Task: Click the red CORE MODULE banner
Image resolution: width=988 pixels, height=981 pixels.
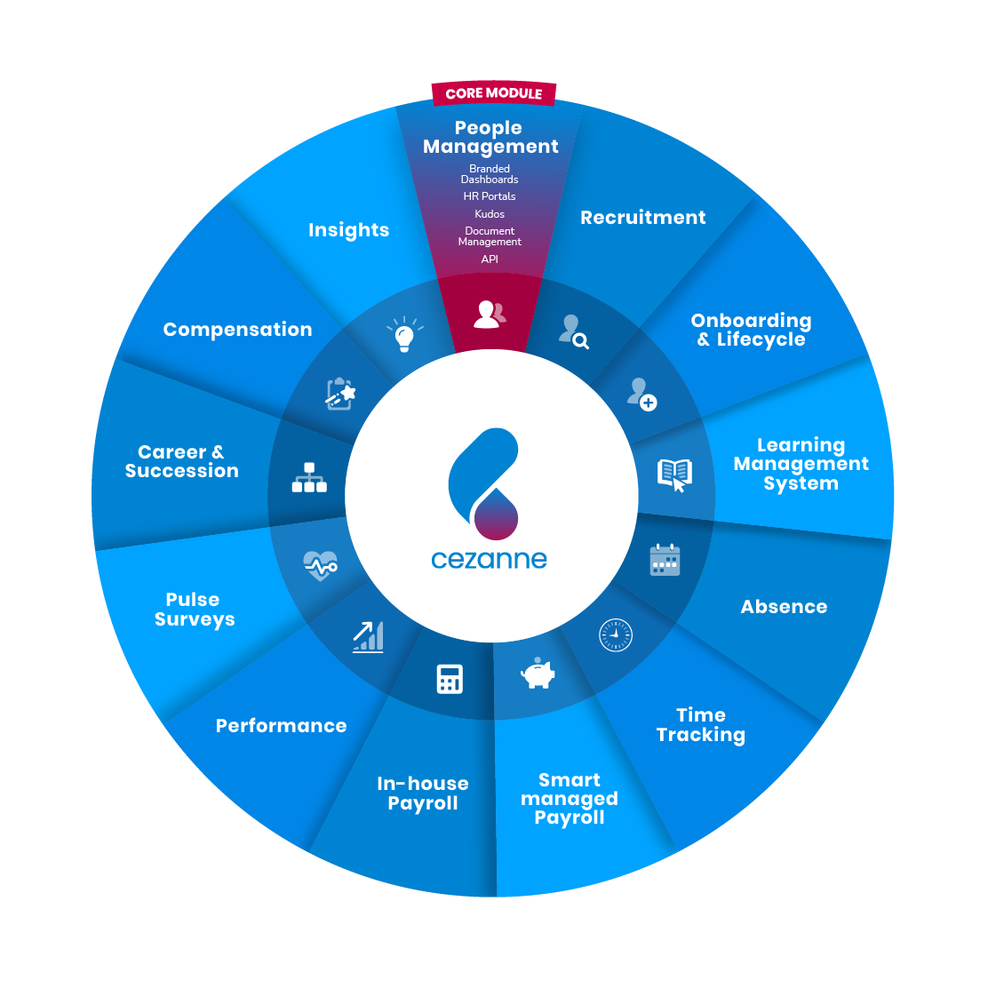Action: (x=493, y=93)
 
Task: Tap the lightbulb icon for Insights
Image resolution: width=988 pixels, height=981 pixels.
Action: (x=403, y=335)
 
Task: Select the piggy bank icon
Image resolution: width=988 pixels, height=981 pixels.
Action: (x=538, y=674)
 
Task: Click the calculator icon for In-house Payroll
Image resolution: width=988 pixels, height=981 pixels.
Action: (x=450, y=679)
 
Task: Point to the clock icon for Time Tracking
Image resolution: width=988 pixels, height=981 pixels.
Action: (x=615, y=635)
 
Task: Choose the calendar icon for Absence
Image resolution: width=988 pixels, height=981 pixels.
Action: (x=665, y=560)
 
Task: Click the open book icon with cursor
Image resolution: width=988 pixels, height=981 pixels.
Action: (x=674, y=475)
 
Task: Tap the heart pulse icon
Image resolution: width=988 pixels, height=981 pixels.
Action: (x=320, y=564)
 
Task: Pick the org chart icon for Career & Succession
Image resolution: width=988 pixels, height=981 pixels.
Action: (x=309, y=478)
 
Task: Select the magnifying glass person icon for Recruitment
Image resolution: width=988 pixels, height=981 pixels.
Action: (x=573, y=331)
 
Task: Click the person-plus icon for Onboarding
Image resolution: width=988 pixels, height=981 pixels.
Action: (x=641, y=394)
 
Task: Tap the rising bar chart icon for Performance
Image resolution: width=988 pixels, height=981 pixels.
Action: (x=368, y=636)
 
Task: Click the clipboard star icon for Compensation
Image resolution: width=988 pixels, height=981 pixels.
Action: (x=340, y=394)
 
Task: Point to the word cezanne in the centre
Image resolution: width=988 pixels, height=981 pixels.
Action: (x=489, y=560)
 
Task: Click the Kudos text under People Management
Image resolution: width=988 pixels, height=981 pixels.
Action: (x=490, y=214)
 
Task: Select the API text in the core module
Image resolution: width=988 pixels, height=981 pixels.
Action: (x=490, y=259)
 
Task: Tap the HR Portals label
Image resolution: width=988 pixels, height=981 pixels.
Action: (x=490, y=196)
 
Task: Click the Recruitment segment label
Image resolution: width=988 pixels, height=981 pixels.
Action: (x=642, y=218)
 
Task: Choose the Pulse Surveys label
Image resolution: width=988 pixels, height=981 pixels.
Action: (x=194, y=610)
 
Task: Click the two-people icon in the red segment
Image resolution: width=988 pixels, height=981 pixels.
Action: (x=490, y=314)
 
